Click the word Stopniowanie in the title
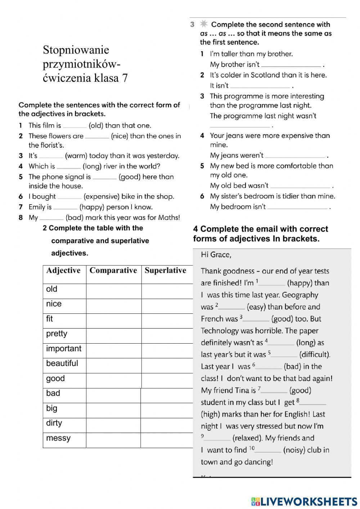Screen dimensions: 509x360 tap(76, 50)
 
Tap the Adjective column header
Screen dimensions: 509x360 tap(63, 271)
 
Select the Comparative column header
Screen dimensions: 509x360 tap(113, 271)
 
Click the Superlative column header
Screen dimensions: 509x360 tap(165, 271)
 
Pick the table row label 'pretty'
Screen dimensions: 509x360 tap(57, 334)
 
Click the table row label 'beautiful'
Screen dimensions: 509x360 tap(62, 363)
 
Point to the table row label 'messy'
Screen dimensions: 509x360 tap(58, 438)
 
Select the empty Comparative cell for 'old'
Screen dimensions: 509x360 tap(113, 291)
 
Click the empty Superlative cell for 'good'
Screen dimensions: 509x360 tap(167, 380)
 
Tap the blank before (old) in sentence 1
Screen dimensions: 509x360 tap(75, 126)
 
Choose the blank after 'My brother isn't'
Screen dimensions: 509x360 tap(291, 65)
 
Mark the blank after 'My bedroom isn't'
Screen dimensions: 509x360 tap(297, 207)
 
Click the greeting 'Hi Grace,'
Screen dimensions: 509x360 tap(216, 255)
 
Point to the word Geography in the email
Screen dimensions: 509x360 tap(300, 295)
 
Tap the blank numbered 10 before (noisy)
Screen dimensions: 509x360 tap(268, 451)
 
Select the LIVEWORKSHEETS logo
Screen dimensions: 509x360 tap(304, 501)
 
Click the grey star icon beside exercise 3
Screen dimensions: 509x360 tap(204, 24)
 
